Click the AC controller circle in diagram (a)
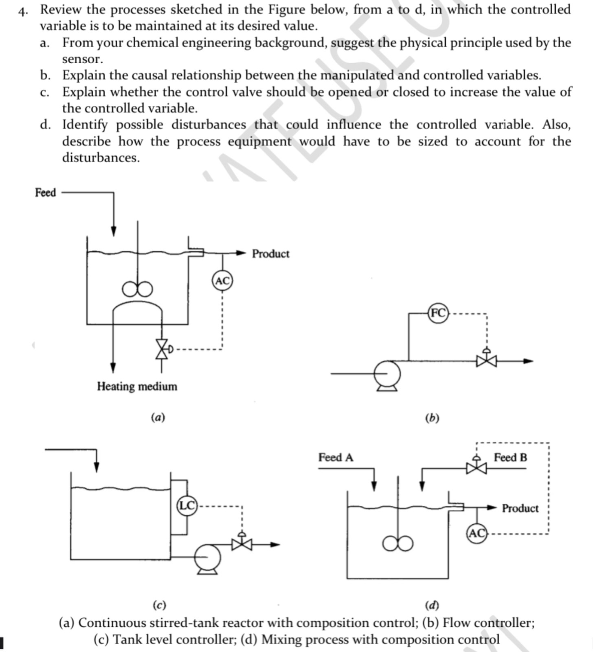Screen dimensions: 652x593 coord(222,281)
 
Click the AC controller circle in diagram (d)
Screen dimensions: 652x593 coord(477,533)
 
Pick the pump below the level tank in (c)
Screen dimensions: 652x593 coord(208,558)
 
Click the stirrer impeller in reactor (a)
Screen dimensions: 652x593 coord(138,289)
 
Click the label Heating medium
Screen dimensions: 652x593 coord(137,386)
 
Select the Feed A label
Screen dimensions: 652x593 coord(336,458)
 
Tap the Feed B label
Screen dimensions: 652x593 coord(510,458)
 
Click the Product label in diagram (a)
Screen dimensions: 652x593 coord(270,253)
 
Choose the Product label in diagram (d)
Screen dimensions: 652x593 coord(520,508)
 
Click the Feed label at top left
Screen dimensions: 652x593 coord(45,192)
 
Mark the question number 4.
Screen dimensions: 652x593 coord(23,11)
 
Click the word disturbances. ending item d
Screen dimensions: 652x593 coord(101,158)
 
